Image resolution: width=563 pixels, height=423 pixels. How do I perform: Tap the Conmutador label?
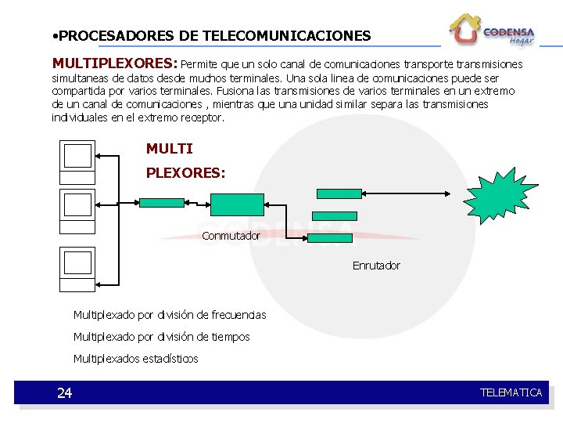point(231,236)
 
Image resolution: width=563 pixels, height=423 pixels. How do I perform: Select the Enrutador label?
point(376,266)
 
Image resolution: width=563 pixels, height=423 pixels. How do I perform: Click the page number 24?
point(64,393)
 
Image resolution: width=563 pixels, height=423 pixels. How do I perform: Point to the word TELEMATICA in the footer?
point(511,392)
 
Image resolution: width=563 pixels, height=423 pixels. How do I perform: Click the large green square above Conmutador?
point(238,204)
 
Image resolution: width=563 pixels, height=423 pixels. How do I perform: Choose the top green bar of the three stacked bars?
point(339,193)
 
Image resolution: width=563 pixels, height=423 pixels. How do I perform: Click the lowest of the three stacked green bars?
point(330,238)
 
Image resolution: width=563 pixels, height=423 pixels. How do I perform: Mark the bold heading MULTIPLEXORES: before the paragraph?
point(115,62)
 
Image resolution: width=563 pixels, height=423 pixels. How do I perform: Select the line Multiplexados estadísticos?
point(135,359)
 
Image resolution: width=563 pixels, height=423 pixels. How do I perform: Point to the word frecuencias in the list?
point(238,315)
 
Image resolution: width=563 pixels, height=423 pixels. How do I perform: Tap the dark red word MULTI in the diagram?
point(169,149)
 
